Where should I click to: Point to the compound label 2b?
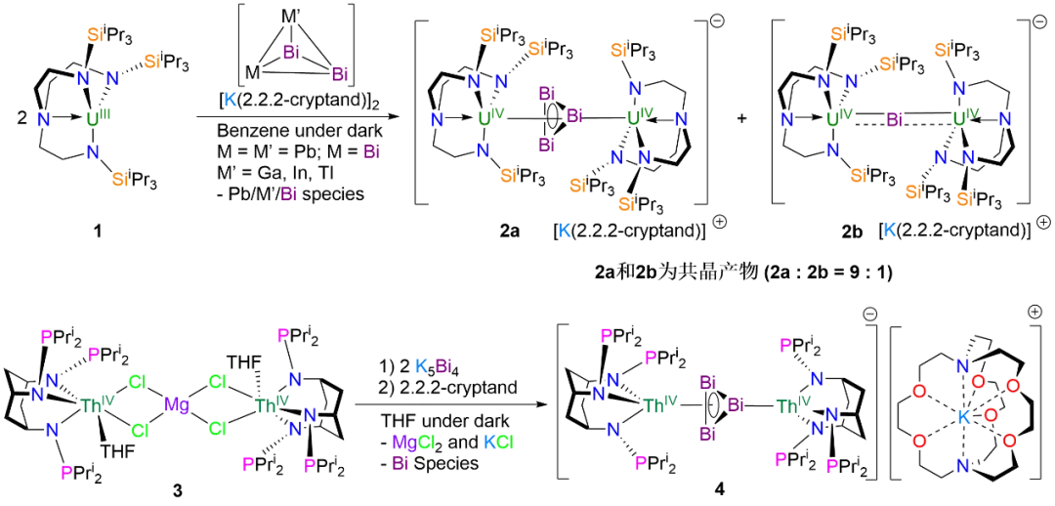pyautogui.click(x=852, y=232)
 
